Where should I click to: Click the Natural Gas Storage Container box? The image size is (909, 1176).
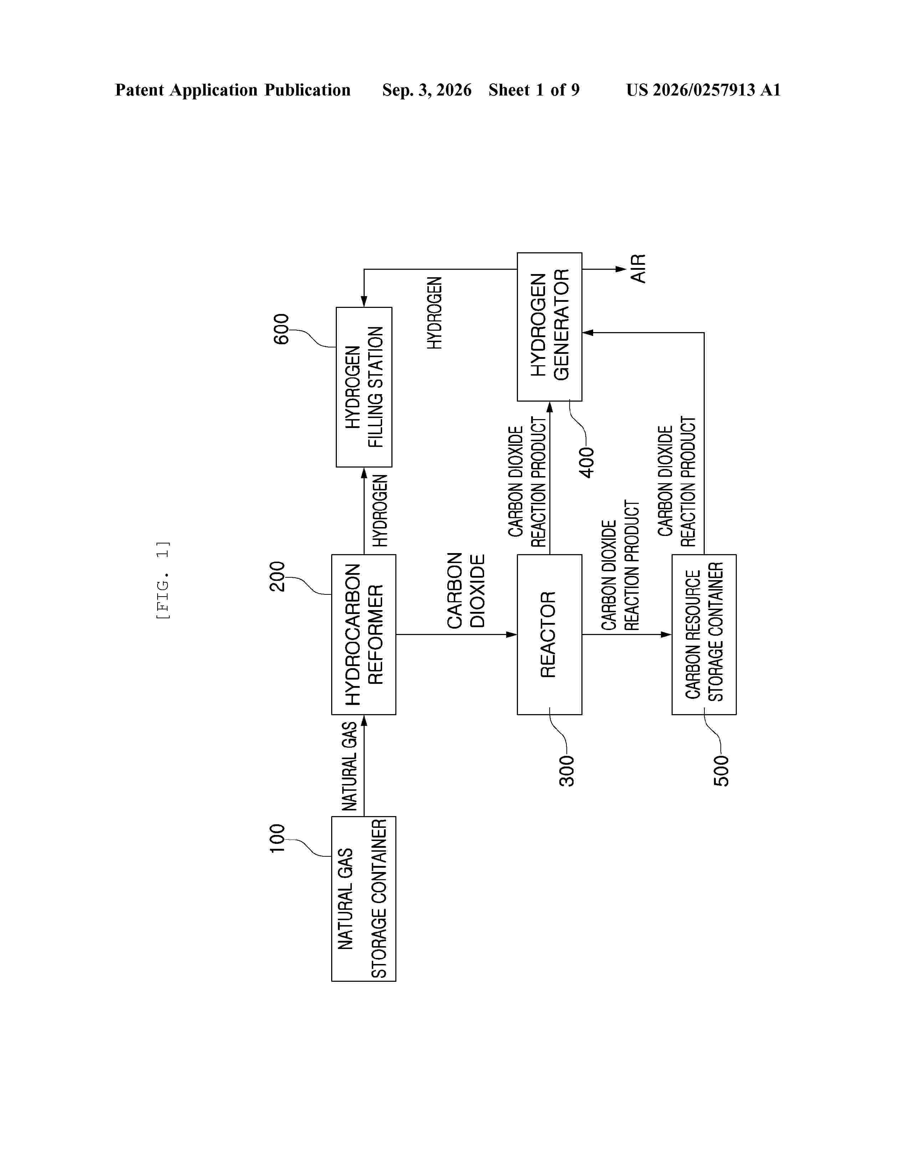(364, 899)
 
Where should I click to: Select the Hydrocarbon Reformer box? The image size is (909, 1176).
(364, 634)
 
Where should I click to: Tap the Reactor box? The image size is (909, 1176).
(549, 634)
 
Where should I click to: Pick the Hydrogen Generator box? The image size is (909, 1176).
(549, 327)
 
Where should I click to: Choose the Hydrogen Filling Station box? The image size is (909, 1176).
(364, 387)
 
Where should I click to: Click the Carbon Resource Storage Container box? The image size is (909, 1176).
(704, 634)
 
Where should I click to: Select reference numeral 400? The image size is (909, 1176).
(587, 463)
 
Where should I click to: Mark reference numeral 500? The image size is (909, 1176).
(721, 771)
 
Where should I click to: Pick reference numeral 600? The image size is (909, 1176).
(281, 329)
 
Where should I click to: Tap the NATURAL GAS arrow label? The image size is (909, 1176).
(349, 766)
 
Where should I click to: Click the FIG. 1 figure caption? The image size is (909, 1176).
(163, 580)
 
